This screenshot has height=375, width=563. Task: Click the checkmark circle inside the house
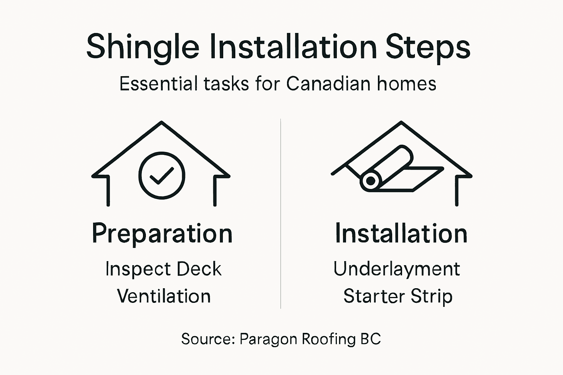[162, 175]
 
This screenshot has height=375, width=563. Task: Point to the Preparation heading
[162, 234]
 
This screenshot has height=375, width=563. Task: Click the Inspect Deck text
[163, 269]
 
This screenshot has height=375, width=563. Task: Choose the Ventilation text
[164, 296]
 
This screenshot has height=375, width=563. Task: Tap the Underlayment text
[397, 269]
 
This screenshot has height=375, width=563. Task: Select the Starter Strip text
[398, 296]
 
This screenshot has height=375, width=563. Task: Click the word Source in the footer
[207, 339]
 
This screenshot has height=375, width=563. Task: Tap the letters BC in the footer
[371, 339]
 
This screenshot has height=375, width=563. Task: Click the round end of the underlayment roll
[371, 181]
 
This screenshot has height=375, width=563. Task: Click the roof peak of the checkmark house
[161, 123]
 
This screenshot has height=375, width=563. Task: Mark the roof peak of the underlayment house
[401, 123]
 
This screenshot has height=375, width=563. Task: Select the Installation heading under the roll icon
[401, 234]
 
